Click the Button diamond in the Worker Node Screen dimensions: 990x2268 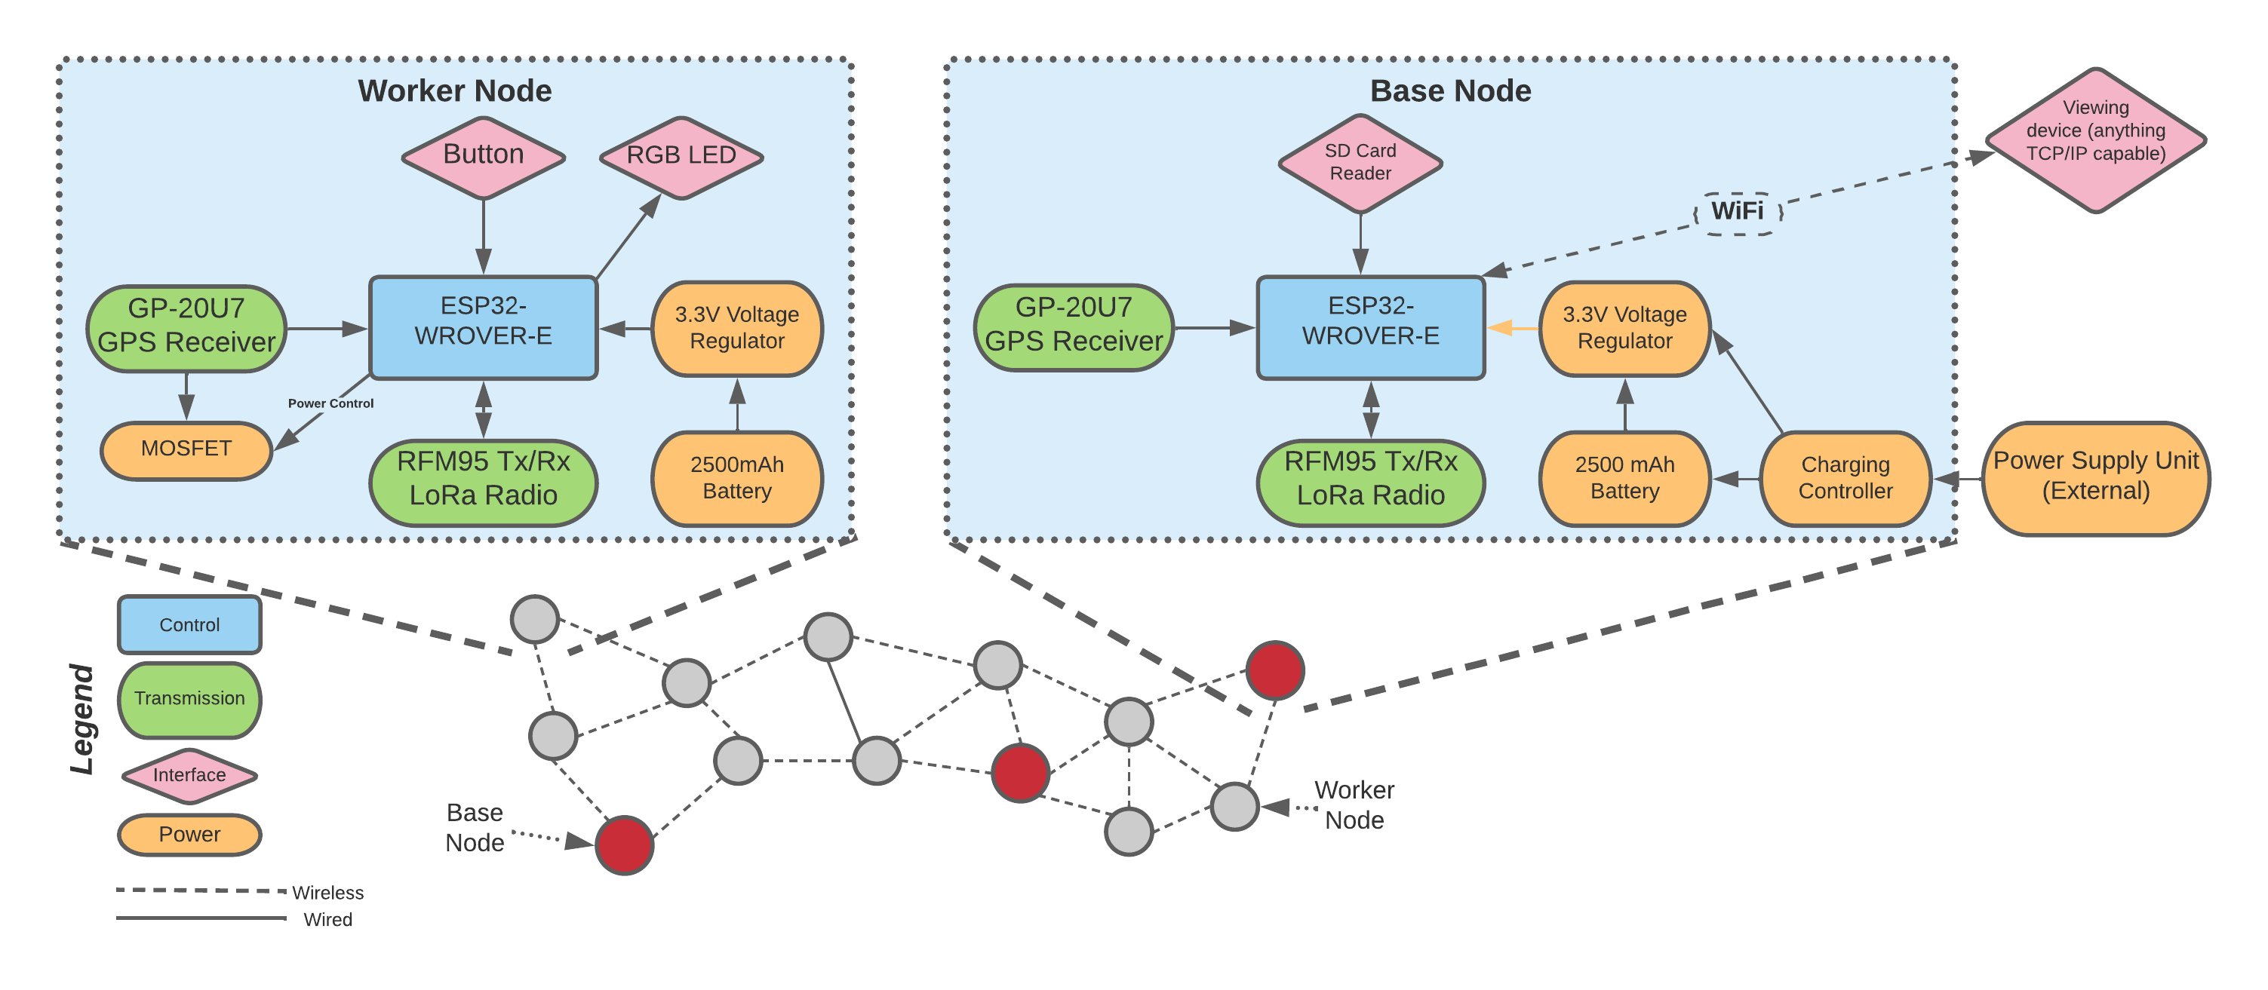484,157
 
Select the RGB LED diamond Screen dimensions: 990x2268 681,157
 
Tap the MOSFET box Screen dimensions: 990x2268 186,449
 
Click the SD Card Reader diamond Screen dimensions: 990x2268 1360,163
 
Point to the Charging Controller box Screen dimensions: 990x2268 1845,478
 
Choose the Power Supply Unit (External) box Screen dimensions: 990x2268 2095,477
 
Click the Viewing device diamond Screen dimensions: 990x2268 2095,139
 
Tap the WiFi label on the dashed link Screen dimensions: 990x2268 1736,211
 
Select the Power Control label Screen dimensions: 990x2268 330,404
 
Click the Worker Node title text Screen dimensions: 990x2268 454,90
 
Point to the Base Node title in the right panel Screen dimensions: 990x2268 1450,90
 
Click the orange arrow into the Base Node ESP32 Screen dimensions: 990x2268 1512,328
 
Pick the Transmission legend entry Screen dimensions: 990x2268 189,699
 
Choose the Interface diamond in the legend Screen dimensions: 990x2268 189,775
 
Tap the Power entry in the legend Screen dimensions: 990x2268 189,834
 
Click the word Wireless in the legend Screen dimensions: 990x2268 327,892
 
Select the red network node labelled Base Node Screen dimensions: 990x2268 624,844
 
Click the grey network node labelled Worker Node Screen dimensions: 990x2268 1234,805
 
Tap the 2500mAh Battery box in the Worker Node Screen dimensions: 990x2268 737,478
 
